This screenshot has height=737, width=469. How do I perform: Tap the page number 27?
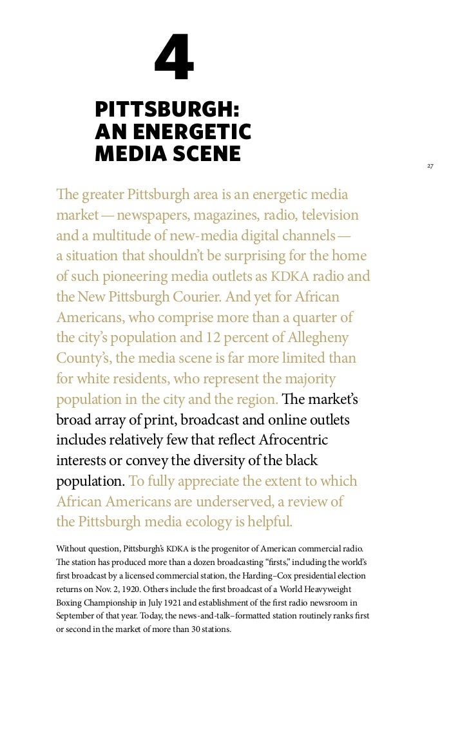(430, 166)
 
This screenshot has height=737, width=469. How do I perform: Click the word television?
(322, 215)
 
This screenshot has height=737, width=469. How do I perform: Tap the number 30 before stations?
(198, 629)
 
